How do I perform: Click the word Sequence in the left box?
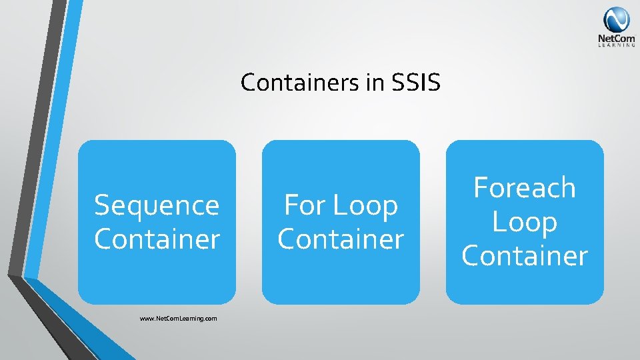[x=157, y=205]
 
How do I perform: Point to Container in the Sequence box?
[x=157, y=239]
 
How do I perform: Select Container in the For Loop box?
[x=341, y=239]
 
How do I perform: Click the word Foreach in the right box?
[x=525, y=188]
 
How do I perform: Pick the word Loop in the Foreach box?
[x=525, y=223]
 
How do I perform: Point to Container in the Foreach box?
[x=525, y=256]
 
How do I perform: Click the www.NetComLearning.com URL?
[x=179, y=319]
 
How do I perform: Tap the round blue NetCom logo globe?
[x=616, y=19]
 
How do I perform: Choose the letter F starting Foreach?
[x=481, y=188]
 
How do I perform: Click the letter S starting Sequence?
[x=102, y=205]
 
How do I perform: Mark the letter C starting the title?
[x=248, y=83]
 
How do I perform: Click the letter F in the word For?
[x=291, y=205]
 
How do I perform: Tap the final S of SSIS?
[x=434, y=83]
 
